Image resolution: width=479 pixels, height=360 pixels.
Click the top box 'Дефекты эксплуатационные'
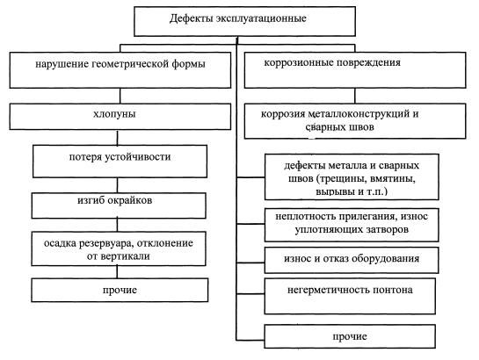click(x=244, y=21)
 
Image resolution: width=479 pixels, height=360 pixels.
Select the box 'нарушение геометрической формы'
click(x=120, y=70)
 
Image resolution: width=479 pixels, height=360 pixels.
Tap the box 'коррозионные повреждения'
click(x=355, y=70)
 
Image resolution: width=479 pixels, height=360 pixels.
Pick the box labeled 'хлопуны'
click(x=120, y=117)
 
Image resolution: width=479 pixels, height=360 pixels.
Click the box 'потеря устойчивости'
click(x=120, y=161)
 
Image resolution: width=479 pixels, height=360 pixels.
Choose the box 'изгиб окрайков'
click(x=119, y=205)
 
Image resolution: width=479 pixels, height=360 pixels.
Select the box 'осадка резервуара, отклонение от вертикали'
click(x=119, y=248)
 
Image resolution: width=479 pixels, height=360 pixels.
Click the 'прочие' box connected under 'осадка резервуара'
click(x=120, y=290)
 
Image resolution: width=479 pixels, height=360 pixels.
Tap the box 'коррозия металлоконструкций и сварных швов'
click(x=355, y=121)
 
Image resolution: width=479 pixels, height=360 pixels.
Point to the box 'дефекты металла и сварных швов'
click(x=352, y=177)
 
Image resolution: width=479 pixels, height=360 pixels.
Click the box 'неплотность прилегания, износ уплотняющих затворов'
click(x=352, y=225)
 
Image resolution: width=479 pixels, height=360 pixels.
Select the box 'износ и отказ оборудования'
click(x=352, y=260)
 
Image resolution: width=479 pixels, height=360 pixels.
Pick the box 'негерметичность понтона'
click(x=350, y=296)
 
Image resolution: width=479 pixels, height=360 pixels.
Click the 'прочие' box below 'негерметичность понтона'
click(x=350, y=336)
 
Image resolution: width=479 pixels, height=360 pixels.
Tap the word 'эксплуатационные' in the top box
click(x=261, y=18)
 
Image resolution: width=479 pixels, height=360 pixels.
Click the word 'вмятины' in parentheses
click(x=393, y=178)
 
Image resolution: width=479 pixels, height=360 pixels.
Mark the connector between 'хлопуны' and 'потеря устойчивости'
click(x=117, y=138)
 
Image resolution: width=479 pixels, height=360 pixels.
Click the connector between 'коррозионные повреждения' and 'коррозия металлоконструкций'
click(x=355, y=96)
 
